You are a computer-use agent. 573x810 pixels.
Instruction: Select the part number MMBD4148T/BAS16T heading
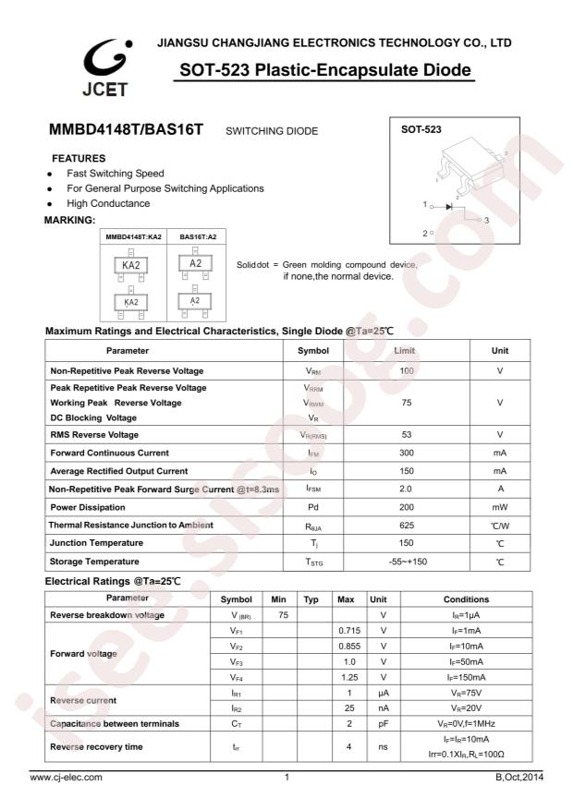pos(126,131)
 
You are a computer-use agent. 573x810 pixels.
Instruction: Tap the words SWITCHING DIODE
pos(272,132)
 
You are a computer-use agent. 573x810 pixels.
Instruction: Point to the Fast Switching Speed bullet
pos(116,174)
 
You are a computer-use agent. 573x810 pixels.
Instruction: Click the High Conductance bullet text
pos(108,203)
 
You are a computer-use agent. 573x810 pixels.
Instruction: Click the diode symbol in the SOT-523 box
pos(450,206)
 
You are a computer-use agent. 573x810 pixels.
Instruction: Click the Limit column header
pos(405,351)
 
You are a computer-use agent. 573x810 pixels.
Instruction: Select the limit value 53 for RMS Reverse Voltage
pos(405,434)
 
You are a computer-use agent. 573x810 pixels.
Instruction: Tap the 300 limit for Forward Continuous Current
pos(405,453)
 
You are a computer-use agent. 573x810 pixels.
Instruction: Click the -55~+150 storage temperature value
pos(405,562)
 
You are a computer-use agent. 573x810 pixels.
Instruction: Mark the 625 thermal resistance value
pos(405,526)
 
